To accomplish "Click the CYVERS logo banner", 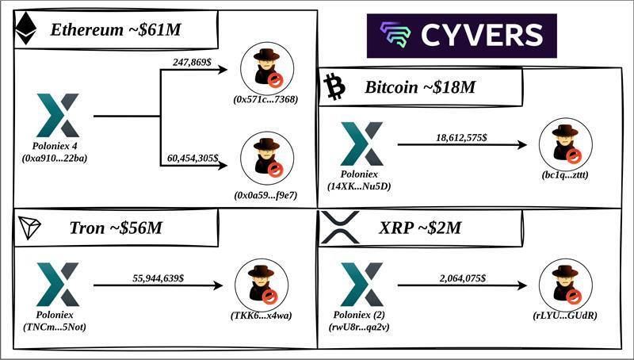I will tap(461, 36).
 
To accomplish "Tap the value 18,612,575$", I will tap(462, 137).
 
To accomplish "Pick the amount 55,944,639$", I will tap(158, 278).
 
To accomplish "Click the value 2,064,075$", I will tap(463, 278).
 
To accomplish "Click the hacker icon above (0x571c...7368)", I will tap(266, 69).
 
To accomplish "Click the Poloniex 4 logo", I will tap(58, 116).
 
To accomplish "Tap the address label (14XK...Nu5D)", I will tap(361, 186).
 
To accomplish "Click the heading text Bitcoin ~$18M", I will tap(421, 87).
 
